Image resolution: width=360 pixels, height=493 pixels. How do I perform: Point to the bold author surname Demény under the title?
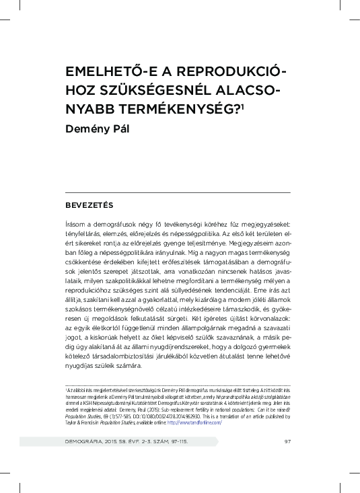point(86,127)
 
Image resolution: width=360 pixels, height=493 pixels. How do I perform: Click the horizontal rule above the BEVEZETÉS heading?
point(177,193)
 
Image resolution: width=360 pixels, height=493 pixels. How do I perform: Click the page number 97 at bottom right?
point(287,461)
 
